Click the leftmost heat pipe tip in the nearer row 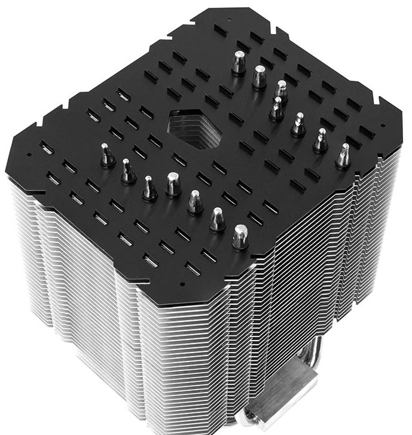click(107, 156)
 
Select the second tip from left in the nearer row click(127, 171)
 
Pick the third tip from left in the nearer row click(149, 187)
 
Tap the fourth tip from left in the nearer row click(173, 184)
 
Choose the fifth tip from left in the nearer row click(195, 201)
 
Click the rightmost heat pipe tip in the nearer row click(240, 236)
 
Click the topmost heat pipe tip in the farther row click(239, 62)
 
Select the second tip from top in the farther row click(259, 77)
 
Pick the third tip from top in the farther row click(281, 91)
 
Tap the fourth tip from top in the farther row click(277, 108)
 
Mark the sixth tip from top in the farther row click(321, 140)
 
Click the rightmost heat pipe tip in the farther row click(344, 155)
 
